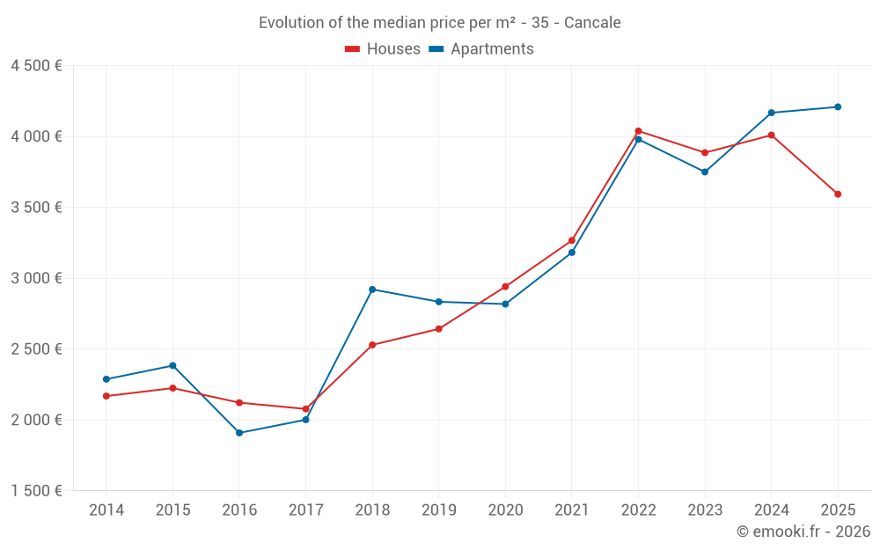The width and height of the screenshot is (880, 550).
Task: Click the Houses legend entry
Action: (x=383, y=49)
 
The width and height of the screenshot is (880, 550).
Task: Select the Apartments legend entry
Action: (x=481, y=49)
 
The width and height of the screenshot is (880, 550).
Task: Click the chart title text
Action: (x=439, y=23)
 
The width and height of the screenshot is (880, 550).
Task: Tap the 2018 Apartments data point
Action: (x=372, y=290)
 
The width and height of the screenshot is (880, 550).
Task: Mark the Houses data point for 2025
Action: (x=838, y=194)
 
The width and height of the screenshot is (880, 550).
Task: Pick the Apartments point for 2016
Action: (x=239, y=433)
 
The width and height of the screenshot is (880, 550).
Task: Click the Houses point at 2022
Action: (x=638, y=131)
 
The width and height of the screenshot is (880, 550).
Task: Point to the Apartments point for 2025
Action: (x=838, y=107)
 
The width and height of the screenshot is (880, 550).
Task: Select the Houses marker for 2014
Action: (x=106, y=396)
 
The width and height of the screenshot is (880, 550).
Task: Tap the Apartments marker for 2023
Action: (x=705, y=172)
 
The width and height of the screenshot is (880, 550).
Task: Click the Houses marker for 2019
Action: (x=438, y=329)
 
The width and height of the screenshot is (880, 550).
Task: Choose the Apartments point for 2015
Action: (x=172, y=366)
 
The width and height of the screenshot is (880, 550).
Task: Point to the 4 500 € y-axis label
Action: (x=36, y=66)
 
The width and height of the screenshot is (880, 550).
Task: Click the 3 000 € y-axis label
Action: (x=36, y=278)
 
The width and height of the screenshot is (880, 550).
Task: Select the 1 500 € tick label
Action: (x=36, y=491)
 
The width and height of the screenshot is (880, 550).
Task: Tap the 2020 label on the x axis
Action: (x=505, y=510)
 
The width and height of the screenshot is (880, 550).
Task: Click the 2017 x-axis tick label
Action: (x=305, y=510)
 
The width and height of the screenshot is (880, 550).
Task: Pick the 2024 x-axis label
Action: (x=771, y=510)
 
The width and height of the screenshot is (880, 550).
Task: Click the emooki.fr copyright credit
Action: (x=803, y=532)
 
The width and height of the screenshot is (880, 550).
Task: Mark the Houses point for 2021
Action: (x=572, y=240)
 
